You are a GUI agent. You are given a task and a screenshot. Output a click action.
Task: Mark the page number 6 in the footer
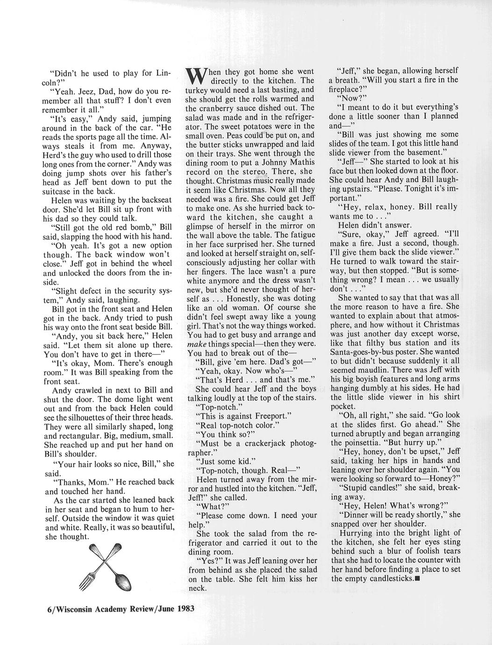(50, 609)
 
